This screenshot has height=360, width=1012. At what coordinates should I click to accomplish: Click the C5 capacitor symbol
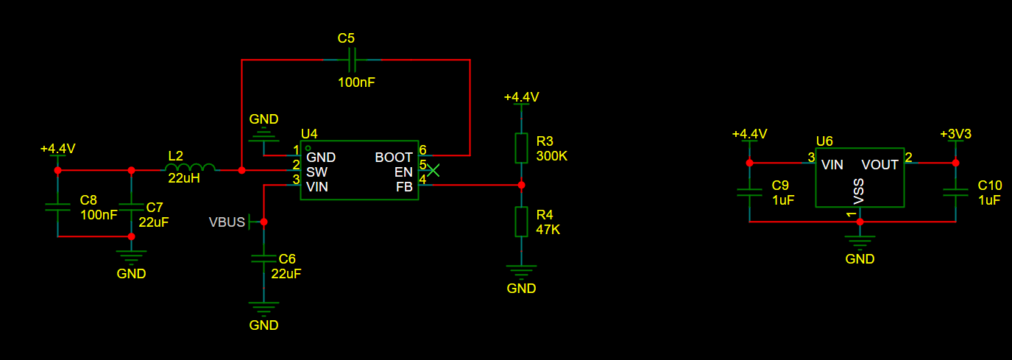coord(353,60)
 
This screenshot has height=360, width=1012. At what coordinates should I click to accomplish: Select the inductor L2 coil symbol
coord(190,167)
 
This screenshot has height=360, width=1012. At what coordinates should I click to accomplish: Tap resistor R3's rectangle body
coord(521,148)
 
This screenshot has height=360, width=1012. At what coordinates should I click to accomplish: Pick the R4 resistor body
coord(521,222)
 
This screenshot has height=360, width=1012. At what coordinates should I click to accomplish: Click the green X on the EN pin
coord(434,170)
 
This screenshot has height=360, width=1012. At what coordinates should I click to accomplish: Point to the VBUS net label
coord(227,222)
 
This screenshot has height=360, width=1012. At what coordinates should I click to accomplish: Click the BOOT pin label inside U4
coord(394,158)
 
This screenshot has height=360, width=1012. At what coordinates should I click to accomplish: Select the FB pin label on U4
coord(404,187)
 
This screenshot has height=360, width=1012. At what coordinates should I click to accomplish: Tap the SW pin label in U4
coord(316,172)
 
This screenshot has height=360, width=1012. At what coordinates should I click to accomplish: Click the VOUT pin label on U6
coord(880,165)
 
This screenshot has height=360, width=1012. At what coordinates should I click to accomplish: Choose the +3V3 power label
coord(955,134)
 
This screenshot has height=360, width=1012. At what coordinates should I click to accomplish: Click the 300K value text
coord(551,156)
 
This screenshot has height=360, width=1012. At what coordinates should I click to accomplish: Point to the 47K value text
coord(548,230)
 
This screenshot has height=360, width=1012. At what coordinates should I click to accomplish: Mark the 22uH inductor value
coord(184,178)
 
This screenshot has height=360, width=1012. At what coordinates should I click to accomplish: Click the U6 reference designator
coord(824,141)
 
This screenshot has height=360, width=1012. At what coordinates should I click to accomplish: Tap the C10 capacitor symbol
coord(955,193)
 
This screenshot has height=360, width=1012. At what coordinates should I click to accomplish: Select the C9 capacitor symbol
coord(749,193)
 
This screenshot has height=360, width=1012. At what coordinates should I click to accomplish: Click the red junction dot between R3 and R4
coord(521,186)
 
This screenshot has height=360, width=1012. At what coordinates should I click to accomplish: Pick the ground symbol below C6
coord(263,308)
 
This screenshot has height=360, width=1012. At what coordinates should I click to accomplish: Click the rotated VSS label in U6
coord(858,191)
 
